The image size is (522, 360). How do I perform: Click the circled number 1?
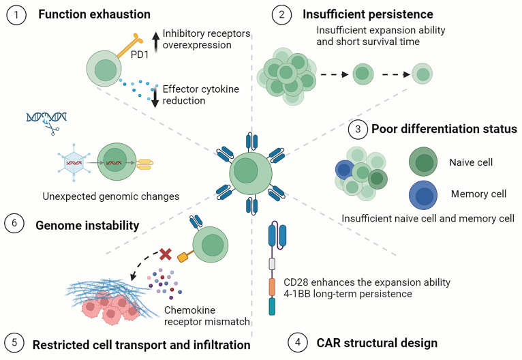point(16,14)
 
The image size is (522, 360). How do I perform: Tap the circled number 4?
point(298,342)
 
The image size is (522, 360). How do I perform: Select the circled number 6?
point(14,223)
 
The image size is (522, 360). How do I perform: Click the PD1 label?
point(140,55)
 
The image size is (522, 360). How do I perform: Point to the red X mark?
point(166,254)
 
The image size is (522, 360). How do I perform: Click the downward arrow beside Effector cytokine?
point(155,97)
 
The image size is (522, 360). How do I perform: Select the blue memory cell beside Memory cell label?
point(423,195)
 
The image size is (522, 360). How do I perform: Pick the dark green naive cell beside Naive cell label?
point(423,162)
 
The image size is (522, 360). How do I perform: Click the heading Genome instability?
point(87,226)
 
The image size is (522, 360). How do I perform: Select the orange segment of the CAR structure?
point(272,287)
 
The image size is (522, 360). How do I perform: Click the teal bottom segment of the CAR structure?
point(272,306)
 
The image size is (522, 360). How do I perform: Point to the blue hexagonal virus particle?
point(74,162)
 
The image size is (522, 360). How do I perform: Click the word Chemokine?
point(189,310)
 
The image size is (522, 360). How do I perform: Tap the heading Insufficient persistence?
point(368,14)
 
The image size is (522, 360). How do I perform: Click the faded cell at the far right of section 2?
point(422,74)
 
